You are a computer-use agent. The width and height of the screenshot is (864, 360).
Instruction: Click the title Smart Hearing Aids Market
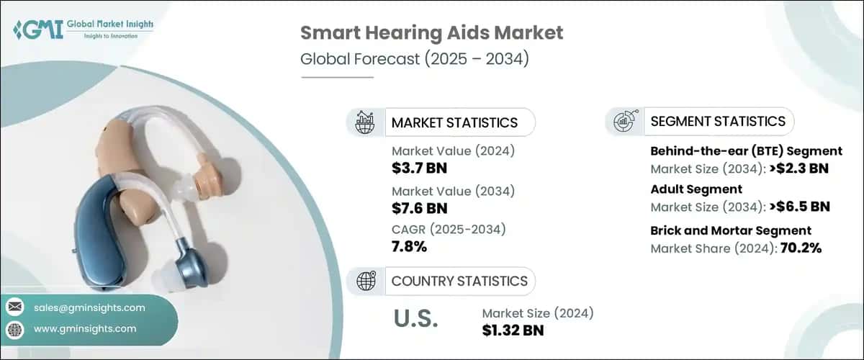tap(431, 32)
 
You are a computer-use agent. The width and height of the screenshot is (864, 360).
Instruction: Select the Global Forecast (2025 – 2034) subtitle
tap(415, 59)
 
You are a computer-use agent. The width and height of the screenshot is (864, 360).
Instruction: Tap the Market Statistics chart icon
tap(366, 122)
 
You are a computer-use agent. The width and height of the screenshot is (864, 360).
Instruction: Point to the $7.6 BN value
tap(420, 209)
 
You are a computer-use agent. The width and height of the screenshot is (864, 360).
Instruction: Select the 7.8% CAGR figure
tap(410, 248)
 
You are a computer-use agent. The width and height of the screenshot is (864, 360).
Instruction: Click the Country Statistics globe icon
tap(366, 281)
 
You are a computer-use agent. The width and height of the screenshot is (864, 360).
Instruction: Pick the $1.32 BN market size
tap(513, 330)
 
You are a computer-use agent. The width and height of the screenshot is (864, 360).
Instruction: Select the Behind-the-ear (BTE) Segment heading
tap(746, 151)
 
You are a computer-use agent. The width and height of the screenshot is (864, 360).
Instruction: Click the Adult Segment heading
tap(696, 189)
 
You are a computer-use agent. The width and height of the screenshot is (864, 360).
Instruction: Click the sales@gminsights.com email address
tap(89, 307)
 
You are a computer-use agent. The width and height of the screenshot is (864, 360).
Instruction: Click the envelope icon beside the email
tap(14, 307)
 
